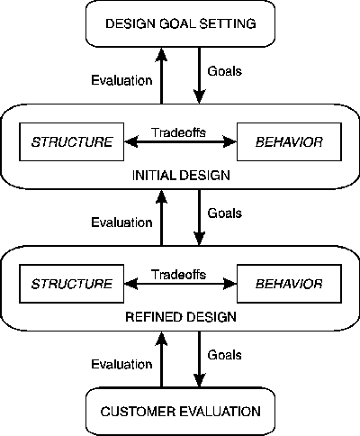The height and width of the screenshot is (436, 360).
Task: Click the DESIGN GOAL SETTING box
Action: pyautogui.click(x=180, y=23)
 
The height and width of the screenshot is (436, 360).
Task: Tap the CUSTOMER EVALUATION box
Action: pyautogui.click(x=180, y=411)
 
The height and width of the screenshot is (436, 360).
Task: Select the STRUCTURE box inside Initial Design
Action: pyautogui.click(x=72, y=141)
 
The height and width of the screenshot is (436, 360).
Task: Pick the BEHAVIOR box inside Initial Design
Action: pyautogui.click(x=289, y=141)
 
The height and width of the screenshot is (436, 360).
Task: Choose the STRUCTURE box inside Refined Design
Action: pyautogui.click(x=72, y=284)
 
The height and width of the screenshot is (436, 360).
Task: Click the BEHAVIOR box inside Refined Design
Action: pyautogui.click(x=289, y=284)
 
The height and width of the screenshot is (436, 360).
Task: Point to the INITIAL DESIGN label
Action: pyautogui.click(x=181, y=176)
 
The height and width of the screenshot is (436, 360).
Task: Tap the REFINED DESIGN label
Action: pyautogui.click(x=181, y=317)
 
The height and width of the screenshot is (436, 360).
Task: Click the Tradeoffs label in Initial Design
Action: pyautogui.click(x=179, y=132)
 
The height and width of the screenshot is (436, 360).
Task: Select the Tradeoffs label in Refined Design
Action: pyautogui.click(x=179, y=275)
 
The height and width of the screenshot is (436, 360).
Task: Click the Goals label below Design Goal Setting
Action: pyautogui.click(x=225, y=71)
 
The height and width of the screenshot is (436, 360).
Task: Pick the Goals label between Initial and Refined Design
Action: pyautogui.click(x=225, y=213)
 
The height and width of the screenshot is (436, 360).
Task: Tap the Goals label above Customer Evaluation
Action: pyautogui.click(x=225, y=355)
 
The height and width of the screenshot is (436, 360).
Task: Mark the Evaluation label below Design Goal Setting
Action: pyautogui.click(x=121, y=80)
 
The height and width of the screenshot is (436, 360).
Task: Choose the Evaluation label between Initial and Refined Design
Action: pyautogui.click(x=121, y=223)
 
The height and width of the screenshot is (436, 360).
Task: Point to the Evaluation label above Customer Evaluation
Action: pyautogui.click(x=121, y=364)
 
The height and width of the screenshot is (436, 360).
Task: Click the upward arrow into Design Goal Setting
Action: pyautogui.click(x=162, y=76)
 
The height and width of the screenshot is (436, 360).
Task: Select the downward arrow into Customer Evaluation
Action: pyautogui.click(x=200, y=359)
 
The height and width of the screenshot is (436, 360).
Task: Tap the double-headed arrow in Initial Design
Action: pyautogui.click(x=180, y=141)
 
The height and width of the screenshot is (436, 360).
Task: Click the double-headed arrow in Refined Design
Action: pyautogui.click(x=180, y=284)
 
